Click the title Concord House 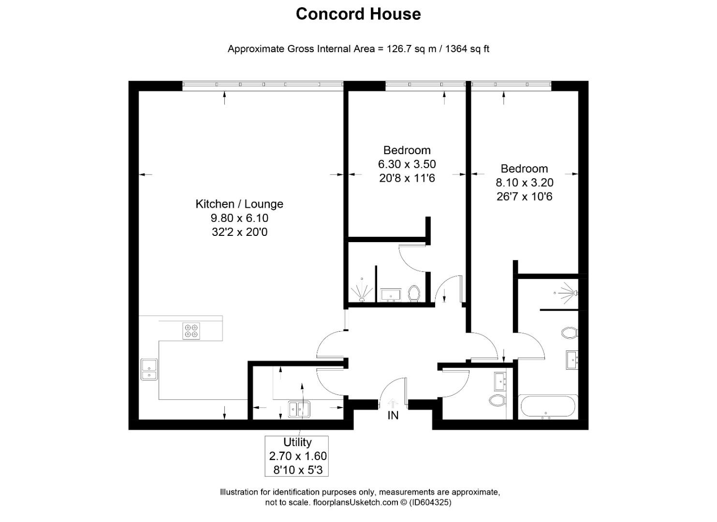[358, 14]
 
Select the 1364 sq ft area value [467, 49]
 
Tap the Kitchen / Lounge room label [239, 204]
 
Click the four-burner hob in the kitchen [191, 331]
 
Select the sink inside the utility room [299, 409]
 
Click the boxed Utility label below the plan [297, 442]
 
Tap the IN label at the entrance [393, 416]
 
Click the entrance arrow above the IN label [393, 403]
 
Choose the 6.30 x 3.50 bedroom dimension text [407, 164]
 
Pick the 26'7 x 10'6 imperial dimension [524, 197]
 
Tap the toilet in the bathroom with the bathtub [569, 333]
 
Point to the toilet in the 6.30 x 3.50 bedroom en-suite [414, 293]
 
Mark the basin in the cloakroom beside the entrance [500, 381]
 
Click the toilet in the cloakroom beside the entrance [497, 400]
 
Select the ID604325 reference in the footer [430, 503]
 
